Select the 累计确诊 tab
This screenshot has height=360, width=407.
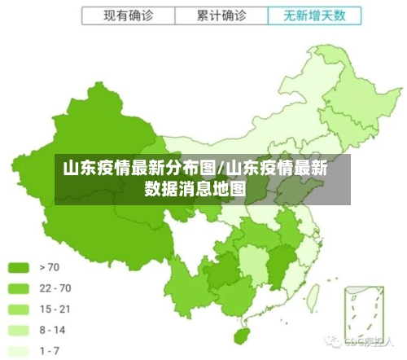click(221, 15)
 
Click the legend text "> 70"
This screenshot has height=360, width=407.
click(49, 266)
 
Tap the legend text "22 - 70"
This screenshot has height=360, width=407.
click(54, 288)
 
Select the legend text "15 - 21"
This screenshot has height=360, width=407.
click(54, 309)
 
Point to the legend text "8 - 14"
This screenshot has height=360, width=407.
click(52, 330)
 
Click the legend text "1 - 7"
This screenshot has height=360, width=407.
click(49, 350)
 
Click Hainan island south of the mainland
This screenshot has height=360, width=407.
click(240, 336)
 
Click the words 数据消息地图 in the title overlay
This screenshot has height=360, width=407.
click(195, 190)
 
